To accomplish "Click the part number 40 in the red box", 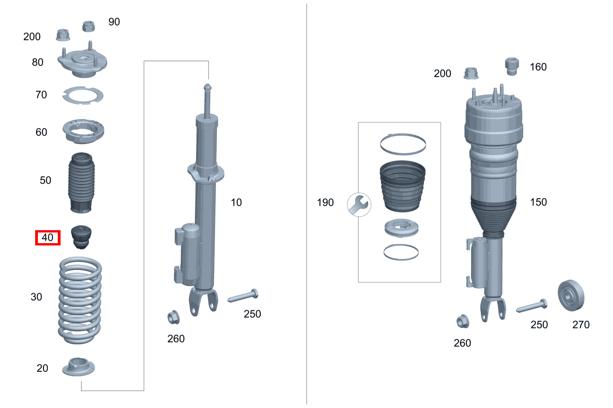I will click(x=48, y=238).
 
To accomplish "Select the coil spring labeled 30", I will click(x=80, y=301).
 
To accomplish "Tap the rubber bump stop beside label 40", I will click(x=81, y=237).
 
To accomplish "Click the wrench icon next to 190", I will click(x=358, y=204).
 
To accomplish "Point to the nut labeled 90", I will click(x=89, y=26).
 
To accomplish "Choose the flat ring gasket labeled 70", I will click(x=83, y=95).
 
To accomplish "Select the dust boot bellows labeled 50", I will click(x=82, y=182).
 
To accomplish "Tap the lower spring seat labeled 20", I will click(x=81, y=367).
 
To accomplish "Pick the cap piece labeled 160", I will click(x=511, y=66).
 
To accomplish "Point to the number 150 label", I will click(x=538, y=202).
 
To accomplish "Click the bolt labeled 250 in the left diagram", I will click(x=243, y=296).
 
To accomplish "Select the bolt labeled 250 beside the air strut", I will click(x=532, y=307).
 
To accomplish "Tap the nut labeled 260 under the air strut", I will click(x=462, y=322).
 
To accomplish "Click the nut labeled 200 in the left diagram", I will click(x=62, y=35).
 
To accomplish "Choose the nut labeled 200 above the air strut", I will click(x=471, y=73).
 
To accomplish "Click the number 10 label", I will click(x=236, y=202).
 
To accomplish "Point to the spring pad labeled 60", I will click(x=83, y=132).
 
